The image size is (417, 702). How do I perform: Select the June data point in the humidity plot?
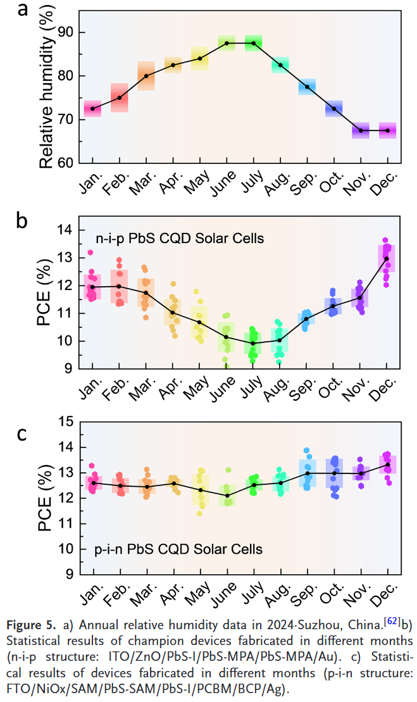click(x=227, y=43)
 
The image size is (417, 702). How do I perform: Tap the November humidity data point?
click(x=361, y=130)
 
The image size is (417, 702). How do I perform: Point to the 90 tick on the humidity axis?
click(x=66, y=32)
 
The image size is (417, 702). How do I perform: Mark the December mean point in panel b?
click(x=387, y=258)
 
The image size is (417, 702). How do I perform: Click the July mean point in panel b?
click(x=253, y=343)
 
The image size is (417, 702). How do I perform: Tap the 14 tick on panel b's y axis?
click(x=66, y=230)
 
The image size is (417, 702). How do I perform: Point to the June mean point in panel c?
click(x=227, y=495)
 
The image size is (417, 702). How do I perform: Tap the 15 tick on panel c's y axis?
click(x=66, y=422)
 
